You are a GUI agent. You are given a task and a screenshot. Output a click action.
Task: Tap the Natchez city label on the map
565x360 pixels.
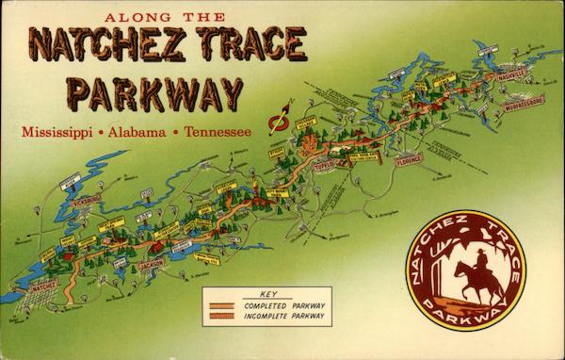coord(43,284)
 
